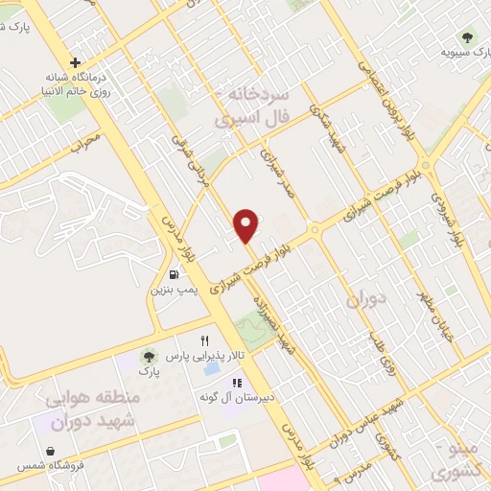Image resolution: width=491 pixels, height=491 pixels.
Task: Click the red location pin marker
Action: point(246,224)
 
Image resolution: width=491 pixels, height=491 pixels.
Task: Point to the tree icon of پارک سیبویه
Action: point(467,38)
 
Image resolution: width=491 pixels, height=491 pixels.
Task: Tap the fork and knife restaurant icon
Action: point(204,340)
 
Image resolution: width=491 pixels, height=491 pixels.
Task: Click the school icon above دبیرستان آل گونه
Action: point(233,382)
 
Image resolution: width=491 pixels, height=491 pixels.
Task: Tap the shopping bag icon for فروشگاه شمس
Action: point(50,451)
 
